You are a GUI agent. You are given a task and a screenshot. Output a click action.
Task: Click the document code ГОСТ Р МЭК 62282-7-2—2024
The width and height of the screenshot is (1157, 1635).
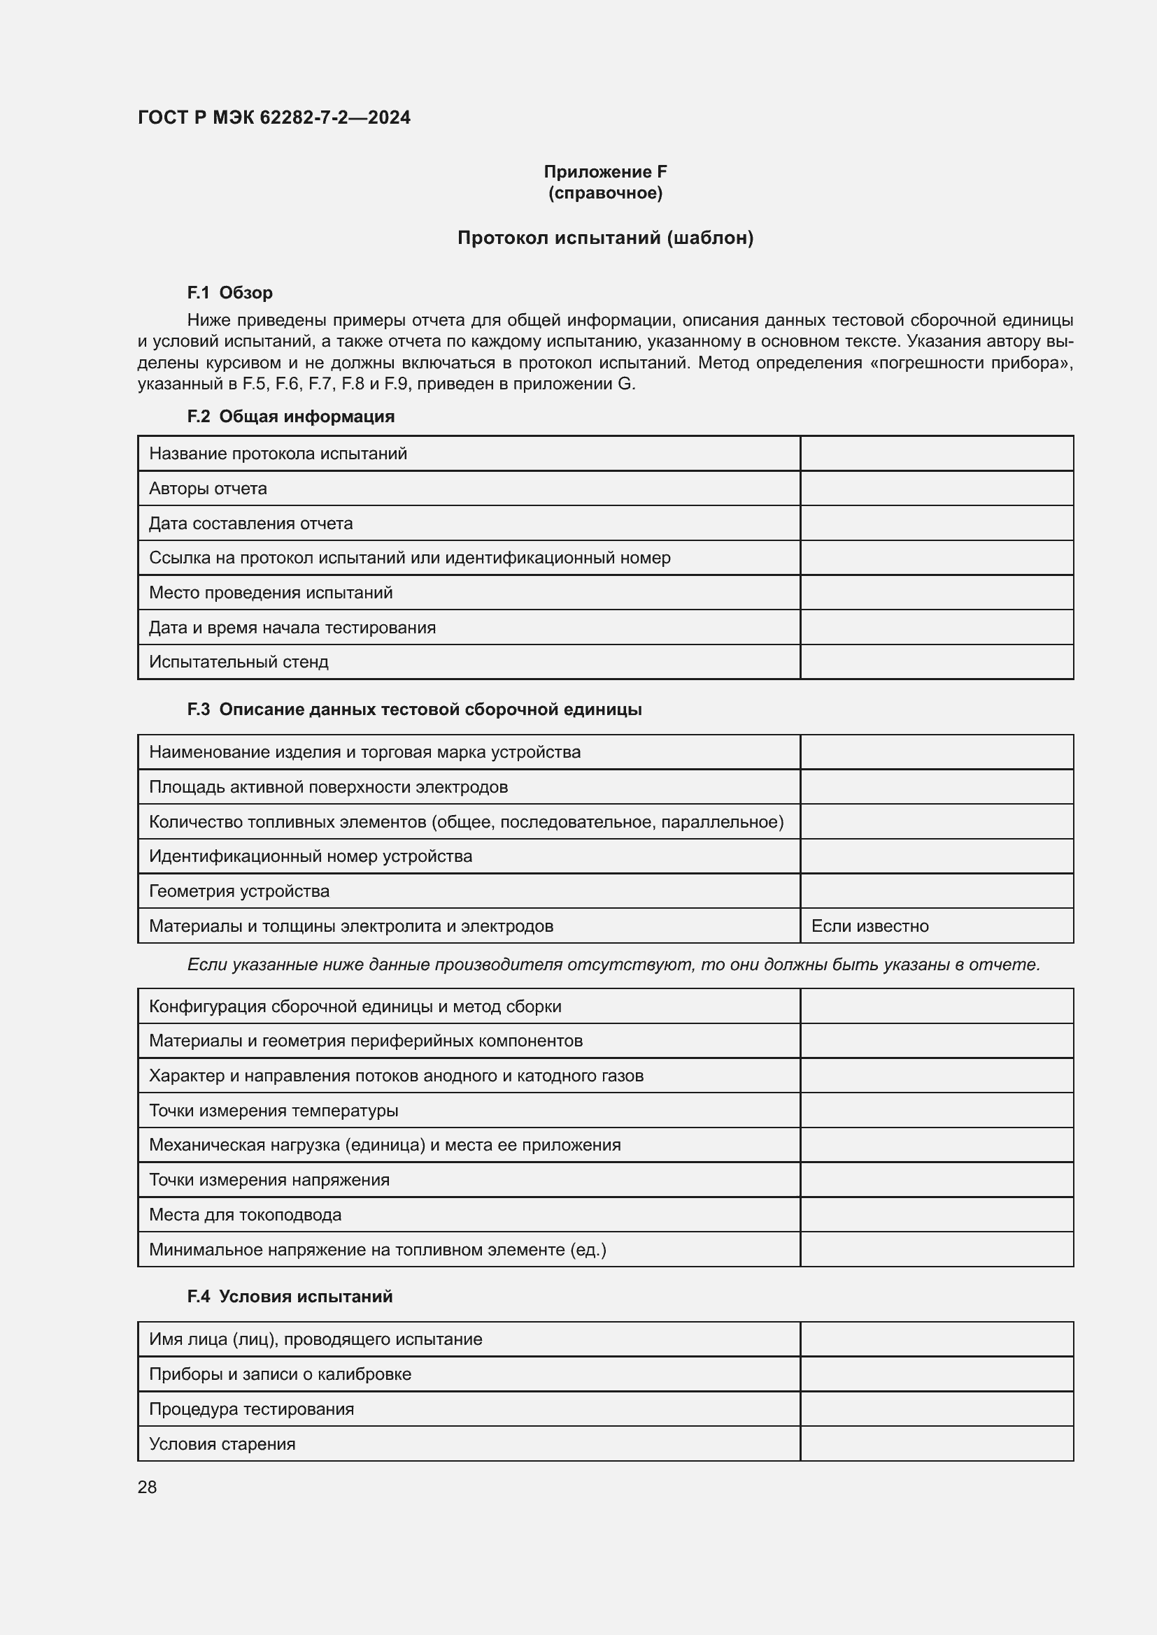point(274,117)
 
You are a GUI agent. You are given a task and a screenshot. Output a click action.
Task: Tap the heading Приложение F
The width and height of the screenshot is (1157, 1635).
point(605,172)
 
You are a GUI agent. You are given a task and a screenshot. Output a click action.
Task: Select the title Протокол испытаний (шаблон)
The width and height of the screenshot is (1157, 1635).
point(605,238)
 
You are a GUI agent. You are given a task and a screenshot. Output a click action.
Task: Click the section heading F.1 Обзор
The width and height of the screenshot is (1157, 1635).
point(229,293)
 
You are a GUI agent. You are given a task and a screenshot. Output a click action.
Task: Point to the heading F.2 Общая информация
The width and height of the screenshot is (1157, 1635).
point(291,417)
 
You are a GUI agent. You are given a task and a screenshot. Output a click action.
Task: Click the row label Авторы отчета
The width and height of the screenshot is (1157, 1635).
point(208,489)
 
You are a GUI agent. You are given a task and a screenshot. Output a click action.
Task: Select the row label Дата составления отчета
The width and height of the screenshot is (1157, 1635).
point(251,524)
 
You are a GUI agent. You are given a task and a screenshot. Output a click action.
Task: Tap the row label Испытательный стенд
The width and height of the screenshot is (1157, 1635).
point(239,662)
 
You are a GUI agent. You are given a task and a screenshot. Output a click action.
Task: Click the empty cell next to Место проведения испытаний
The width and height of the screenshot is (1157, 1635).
point(936,593)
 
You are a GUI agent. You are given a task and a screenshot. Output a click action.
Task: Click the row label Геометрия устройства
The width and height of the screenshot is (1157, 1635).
point(239,891)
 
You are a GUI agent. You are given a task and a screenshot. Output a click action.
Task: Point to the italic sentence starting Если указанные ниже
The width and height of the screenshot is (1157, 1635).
point(613,965)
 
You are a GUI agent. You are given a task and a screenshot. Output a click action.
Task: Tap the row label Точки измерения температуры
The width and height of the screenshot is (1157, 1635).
point(274,1111)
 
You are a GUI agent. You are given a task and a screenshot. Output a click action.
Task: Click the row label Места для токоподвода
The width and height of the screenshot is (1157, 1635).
point(245,1215)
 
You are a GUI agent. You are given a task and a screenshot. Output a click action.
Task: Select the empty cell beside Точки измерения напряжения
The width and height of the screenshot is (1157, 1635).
point(936,1180)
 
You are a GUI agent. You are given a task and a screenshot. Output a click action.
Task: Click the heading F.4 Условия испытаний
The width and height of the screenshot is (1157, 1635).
point(290,1297)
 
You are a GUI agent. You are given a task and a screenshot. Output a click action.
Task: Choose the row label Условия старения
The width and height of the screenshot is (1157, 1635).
point(222,1444)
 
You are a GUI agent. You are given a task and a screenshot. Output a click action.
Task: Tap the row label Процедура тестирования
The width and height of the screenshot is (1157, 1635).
point(252,1409)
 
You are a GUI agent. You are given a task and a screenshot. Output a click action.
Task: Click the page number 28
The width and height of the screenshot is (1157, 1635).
point(148,1488)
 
